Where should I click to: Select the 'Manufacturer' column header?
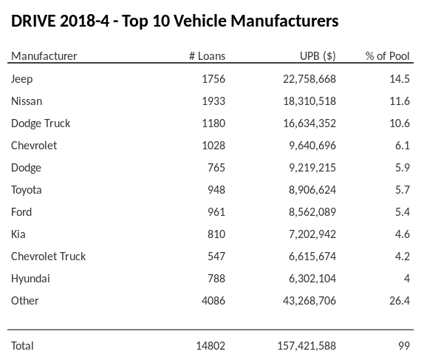click(x=44, y=56)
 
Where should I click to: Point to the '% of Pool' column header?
click(x=387, y=56)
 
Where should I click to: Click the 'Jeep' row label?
click(x=22, y=79)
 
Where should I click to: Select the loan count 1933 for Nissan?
click(x=212, y=101)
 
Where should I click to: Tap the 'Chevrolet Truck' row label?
click(x=48, y=257)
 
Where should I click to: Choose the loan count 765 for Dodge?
click(x=215, y=168)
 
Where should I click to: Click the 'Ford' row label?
click(x=22, y=212)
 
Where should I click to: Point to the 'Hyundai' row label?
click(x=30, y=279)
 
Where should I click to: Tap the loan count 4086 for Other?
click(x=212, y=301)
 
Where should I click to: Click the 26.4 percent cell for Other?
click(x=399, y=301)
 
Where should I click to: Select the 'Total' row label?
click(x=22, y=345)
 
